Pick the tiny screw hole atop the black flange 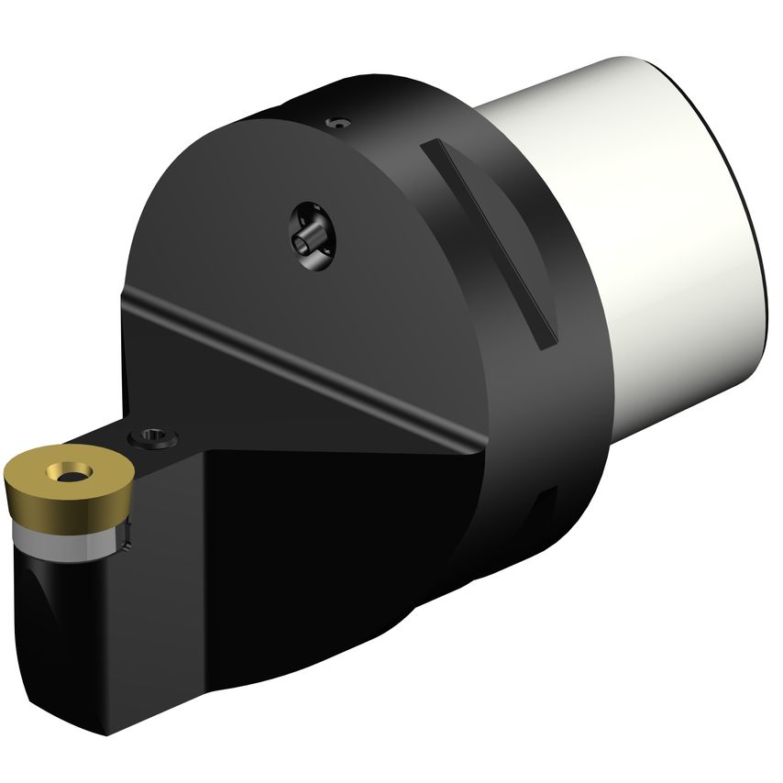(x=340, y=121)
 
